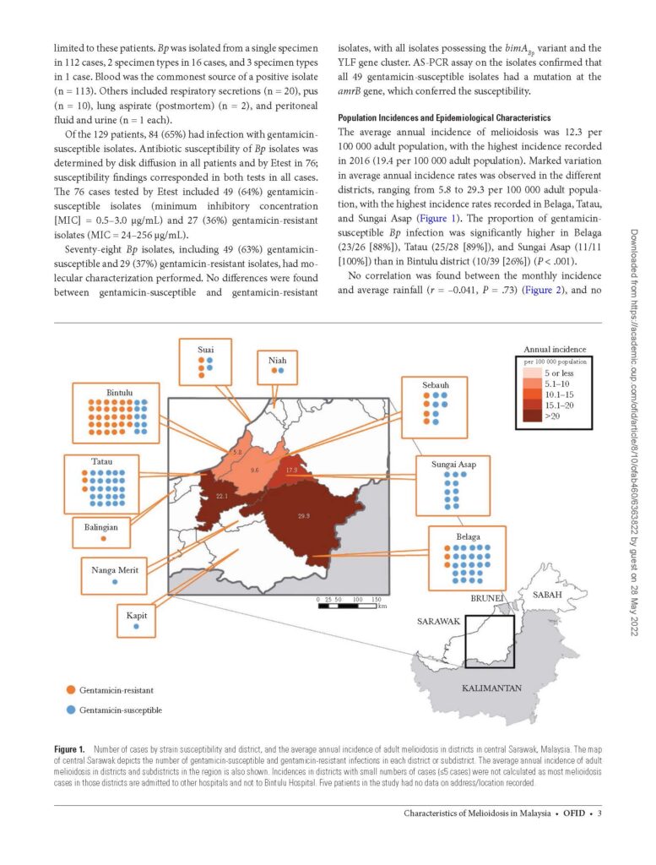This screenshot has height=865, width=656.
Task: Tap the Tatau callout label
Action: [103, 462]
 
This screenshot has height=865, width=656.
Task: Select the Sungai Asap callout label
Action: [454, 464]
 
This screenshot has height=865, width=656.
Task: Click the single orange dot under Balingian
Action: [103, 537]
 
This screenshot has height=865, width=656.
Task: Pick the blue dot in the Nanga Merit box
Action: [115, 583]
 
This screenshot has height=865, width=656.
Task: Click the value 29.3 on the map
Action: [304, 516]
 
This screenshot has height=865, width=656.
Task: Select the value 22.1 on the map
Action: [222, 496]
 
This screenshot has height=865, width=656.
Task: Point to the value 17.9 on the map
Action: [291, 470]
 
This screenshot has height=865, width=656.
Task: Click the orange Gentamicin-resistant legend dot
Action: [71, 690]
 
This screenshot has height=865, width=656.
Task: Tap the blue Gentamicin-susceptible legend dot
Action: [71, 710]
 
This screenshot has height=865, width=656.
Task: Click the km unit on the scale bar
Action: [382, 607]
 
